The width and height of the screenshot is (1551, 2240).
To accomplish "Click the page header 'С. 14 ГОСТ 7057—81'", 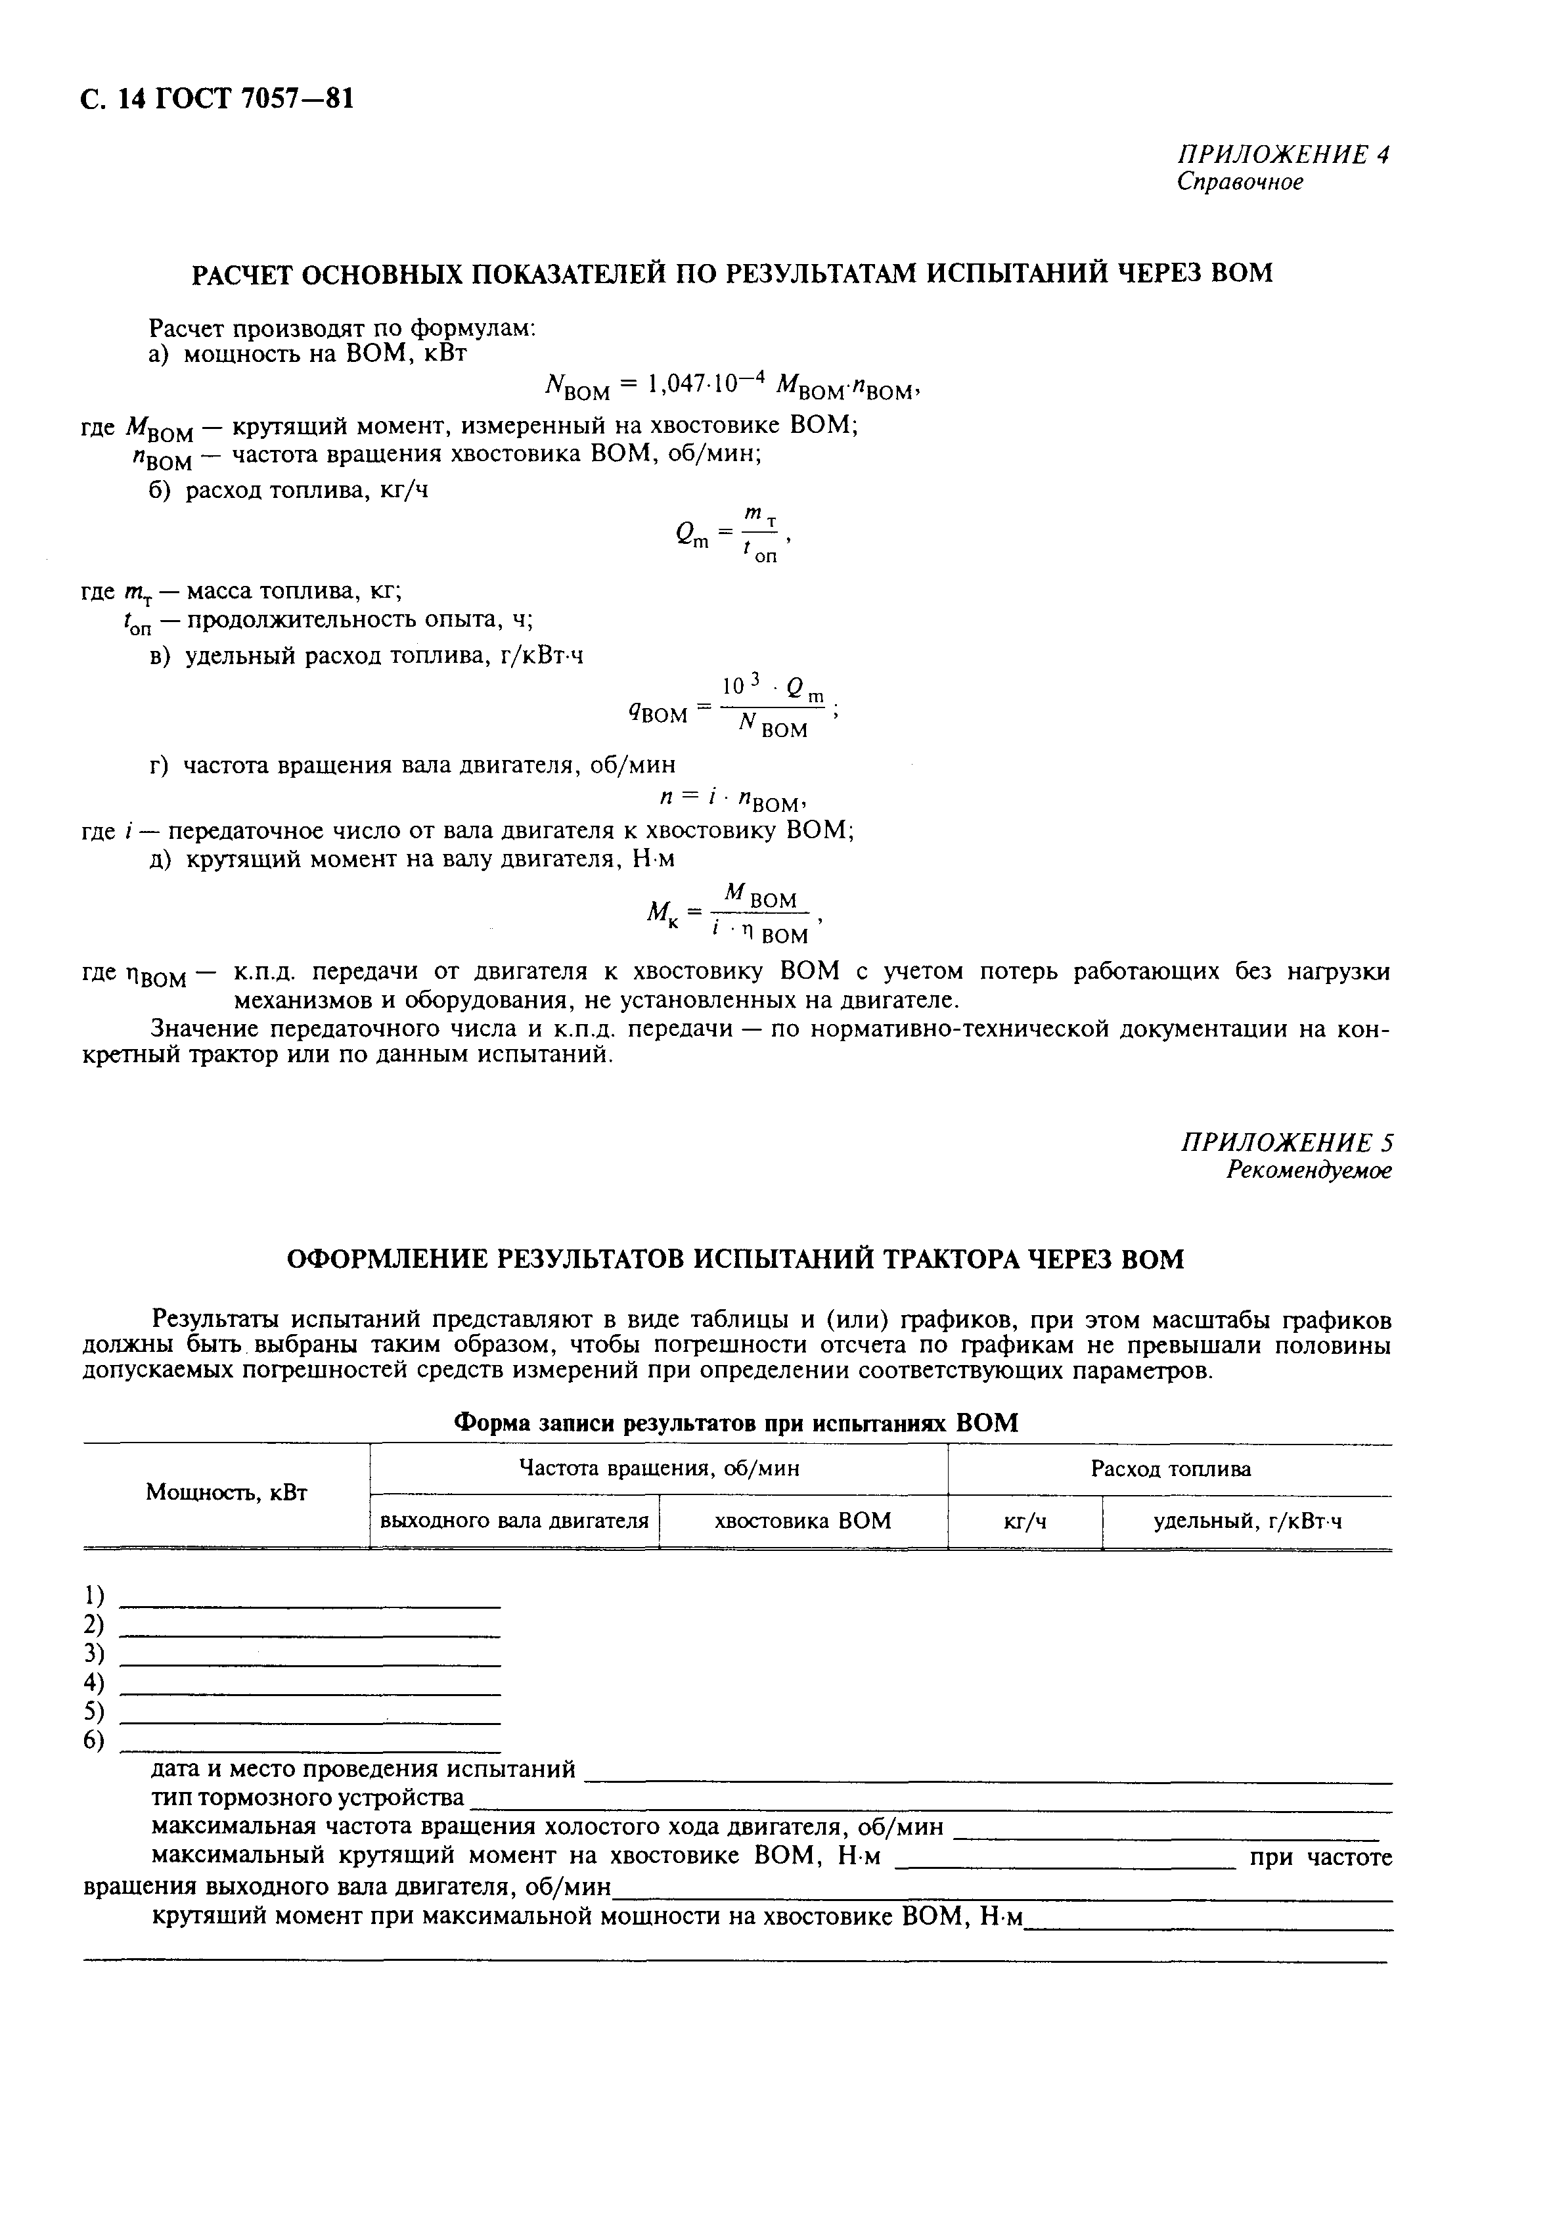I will pyautogui.click(x=215, y=99).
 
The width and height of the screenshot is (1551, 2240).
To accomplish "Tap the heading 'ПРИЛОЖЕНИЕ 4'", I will pyautogui.click(x=1283, y=156).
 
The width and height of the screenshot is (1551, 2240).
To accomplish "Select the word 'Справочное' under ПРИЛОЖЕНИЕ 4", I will pyautogui.click(x=1240, y=183).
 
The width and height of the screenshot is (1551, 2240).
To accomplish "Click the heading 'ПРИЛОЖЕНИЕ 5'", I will pyautogui.click(x=1285, y=1143).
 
